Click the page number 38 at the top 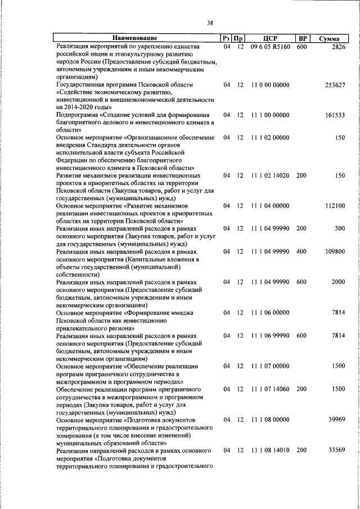209,22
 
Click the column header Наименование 138,38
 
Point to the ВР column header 302,38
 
